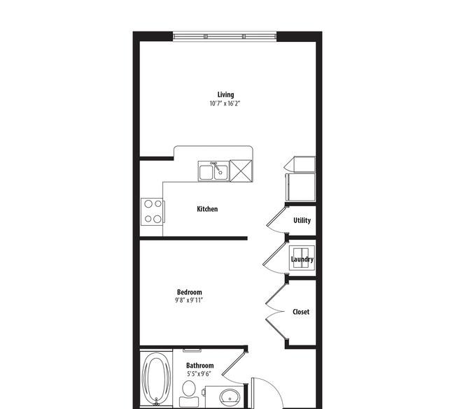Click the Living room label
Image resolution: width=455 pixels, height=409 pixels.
pos(225,95)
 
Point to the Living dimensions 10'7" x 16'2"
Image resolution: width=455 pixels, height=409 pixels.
pos(225,103)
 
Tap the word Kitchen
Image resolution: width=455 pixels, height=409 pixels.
pos(207,209)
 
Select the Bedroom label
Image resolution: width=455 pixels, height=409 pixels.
pos(189,292)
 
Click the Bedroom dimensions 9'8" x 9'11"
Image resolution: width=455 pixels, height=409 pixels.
pos(188,301)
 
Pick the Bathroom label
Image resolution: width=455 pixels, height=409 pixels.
pos(200,366)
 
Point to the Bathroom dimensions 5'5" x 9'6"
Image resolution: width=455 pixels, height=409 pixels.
pos(199,374)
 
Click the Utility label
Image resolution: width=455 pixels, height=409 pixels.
pos(302,221)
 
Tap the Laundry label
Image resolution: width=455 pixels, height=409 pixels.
pos(302,259)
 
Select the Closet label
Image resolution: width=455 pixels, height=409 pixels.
pos(301,312)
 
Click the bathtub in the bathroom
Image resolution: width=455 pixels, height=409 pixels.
pos(156,378)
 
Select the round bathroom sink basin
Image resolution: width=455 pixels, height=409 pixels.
pos(230,397)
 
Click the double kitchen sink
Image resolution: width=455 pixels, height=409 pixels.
pos(214,171)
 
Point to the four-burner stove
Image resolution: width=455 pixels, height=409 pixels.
pos(153,212)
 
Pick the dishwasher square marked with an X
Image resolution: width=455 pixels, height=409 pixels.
pos(241,171)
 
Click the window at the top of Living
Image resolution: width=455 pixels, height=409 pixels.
pos(225,36)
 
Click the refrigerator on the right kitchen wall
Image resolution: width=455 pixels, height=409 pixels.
pos(300,187)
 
